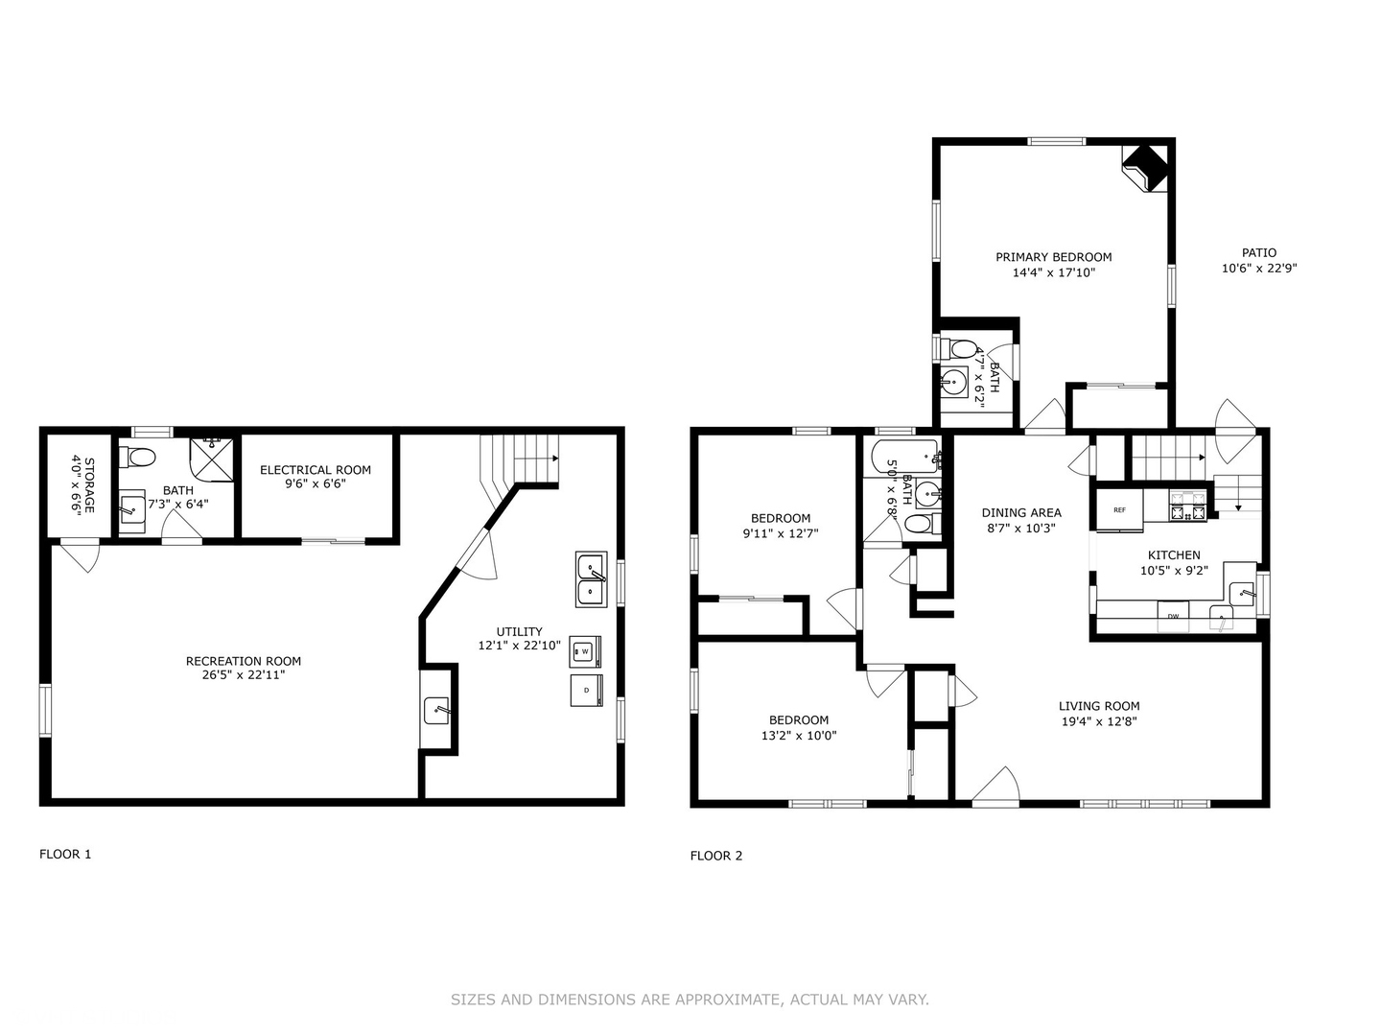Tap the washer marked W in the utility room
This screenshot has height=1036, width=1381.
pyautogui.click(x=585, y=652)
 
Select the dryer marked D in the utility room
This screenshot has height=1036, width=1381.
pyautogui.click(x=585, y=691)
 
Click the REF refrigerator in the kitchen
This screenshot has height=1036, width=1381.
pyautogui.click(x=1119, y=510)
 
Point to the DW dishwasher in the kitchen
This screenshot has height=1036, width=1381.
pyautogui.click(x=1173, y=615)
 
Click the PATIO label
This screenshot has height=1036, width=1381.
pyautogui.click(x=1259, y=253)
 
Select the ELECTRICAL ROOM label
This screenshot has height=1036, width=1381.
pyautogui.click(x=316, y=470)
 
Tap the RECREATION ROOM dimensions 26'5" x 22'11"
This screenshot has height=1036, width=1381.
pyautogui.click(x=244, y=675)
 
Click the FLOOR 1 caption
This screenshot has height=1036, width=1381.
pyautogui.click(x=65, y=854)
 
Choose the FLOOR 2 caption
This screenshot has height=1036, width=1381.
pyautogui.click(x=716, y=856)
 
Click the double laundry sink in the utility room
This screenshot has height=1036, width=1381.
pyautogui.click(x=591, y=579)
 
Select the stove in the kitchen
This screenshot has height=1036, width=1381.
pyautogui.click(x=1187, y=507)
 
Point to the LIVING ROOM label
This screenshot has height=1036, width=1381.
pyautogui.click(x=1099, y=706)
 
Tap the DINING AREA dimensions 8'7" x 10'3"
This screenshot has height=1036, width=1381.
pyautogui.click(x=1021, y=528)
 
